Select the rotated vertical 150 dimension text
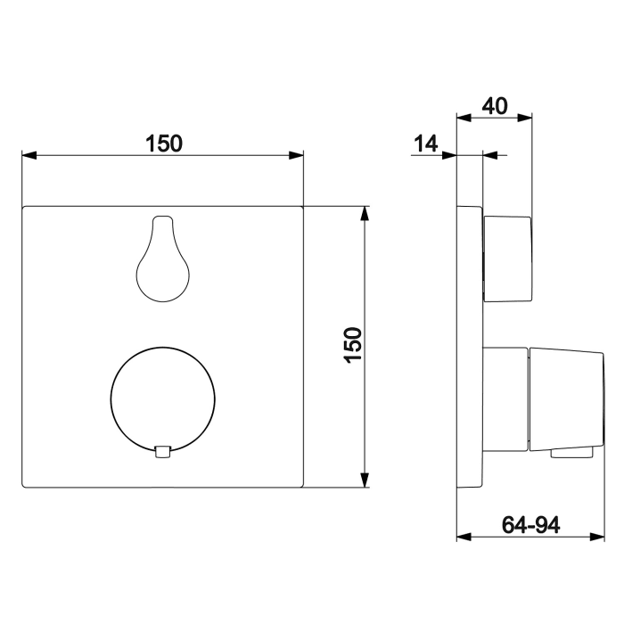tap(354, 344)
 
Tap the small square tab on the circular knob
tap(162, 452)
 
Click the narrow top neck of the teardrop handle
tap(161, 223)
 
